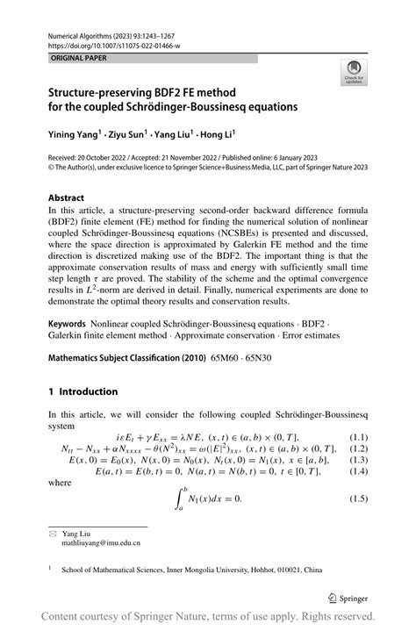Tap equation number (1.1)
(x=357, y=437)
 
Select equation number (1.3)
(x=357, y=460)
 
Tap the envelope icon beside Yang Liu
(x=54, y=534)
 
